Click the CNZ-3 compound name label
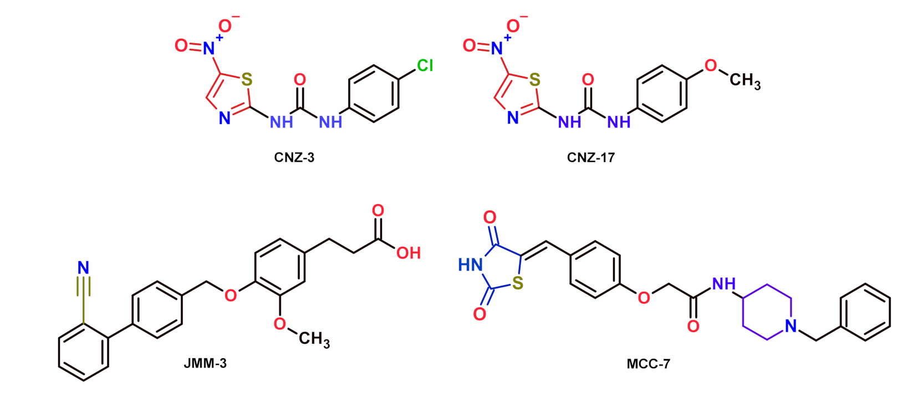coord(294,158)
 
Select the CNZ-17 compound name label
coord(590,158)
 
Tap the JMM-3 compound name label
coord(205,364)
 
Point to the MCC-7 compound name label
coord(648,364)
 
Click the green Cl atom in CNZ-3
coord(425,66)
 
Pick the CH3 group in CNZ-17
coord(744,81)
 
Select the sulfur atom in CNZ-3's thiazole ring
coord(247,80)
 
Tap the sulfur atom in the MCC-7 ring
coord(518,284)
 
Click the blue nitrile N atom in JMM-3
coord(83,268)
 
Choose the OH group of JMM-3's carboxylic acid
coord(408,253)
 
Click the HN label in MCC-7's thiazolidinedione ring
coord(470,265)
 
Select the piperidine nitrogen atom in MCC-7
coord(791,326)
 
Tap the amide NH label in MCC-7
coord(723,284)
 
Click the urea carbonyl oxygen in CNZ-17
coord(588,80)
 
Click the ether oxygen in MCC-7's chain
coord(644,298)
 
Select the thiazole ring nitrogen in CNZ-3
coord(225,118)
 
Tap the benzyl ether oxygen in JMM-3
coord(231,295)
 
